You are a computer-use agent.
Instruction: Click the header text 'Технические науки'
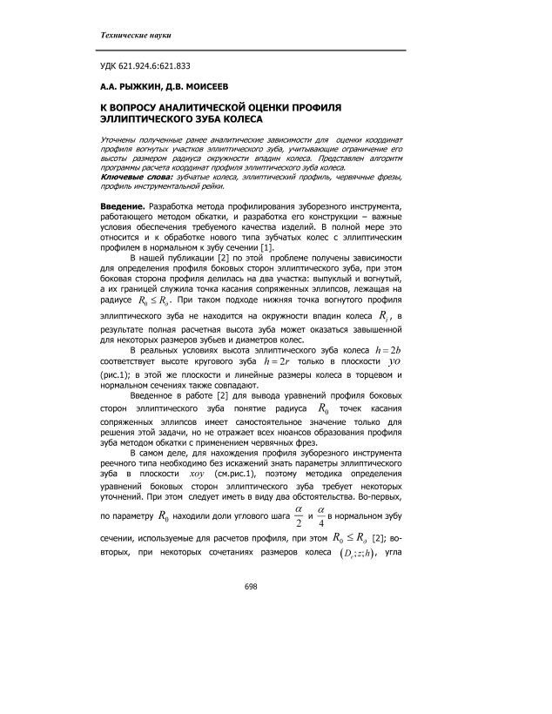pos(133,35)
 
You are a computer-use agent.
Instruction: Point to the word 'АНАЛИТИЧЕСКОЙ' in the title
pos(203,108)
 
